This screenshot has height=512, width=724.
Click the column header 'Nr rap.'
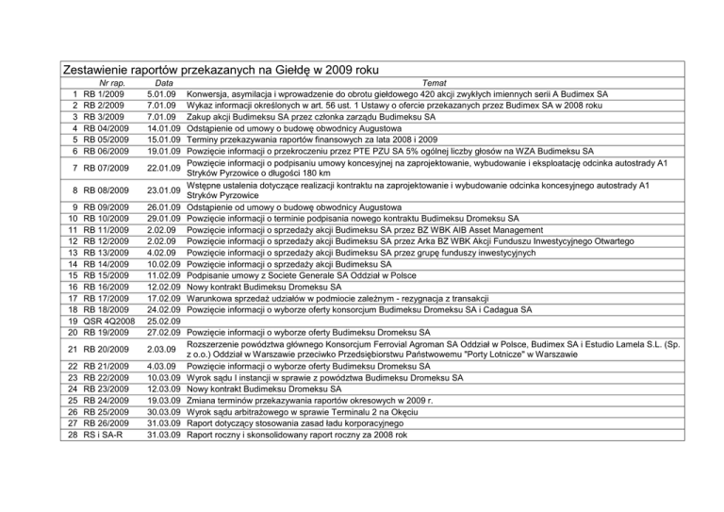pyautogui.click(x=105, y=83)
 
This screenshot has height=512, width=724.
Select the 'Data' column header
pyautogui.click(x=162, y=83)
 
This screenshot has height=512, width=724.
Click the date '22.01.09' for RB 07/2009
pyautogui.click(x=164, y=169)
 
